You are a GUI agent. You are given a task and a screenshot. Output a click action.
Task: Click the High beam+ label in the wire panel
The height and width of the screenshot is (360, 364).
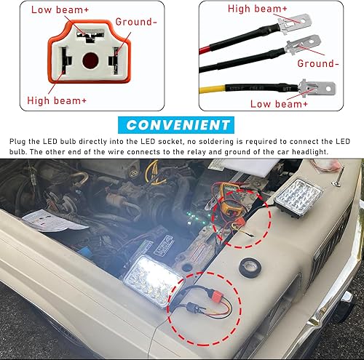pyautogui.click(x=258, y=9)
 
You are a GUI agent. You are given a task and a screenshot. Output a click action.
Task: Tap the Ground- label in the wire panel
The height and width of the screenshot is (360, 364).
pyautogui.click(x=320, y=64)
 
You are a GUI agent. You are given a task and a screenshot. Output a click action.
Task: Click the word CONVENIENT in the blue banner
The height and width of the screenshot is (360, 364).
pyautogui.click(x=182, y=125)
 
